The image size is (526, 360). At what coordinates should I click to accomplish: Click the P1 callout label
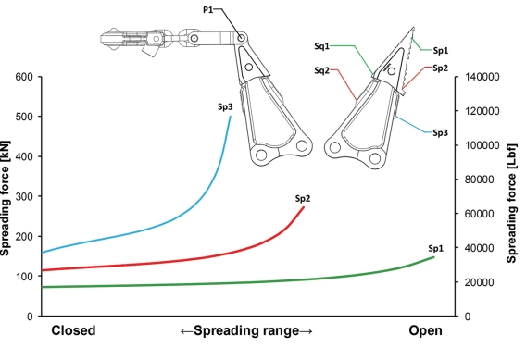207,10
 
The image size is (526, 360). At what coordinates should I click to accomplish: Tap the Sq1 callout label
321,46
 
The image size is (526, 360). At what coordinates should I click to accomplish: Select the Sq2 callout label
321,70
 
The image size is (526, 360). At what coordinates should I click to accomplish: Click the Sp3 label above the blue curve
225,107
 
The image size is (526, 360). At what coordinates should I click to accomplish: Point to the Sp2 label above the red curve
303,198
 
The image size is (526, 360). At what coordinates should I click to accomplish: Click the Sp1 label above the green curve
436,248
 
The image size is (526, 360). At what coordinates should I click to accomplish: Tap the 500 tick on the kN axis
24,117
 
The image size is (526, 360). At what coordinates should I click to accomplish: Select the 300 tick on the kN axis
24,196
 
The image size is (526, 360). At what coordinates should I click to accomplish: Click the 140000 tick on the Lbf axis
482,77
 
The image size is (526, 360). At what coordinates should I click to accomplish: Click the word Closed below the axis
73,330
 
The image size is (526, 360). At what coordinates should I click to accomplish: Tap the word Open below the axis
425,330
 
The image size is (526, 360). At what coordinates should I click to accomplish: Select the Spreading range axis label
246,330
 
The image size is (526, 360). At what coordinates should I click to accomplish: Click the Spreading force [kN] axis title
5,198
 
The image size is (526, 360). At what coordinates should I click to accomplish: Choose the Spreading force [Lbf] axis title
511,204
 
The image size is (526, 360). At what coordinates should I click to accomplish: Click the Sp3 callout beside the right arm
440,132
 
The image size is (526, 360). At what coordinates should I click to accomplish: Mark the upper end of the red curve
304,207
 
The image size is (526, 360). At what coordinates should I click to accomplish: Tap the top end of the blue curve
230,117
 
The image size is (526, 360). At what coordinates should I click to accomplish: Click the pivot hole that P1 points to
241,38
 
